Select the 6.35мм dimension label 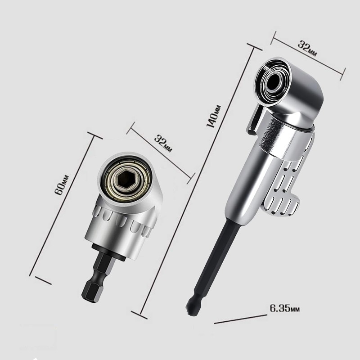coord(284,309)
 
